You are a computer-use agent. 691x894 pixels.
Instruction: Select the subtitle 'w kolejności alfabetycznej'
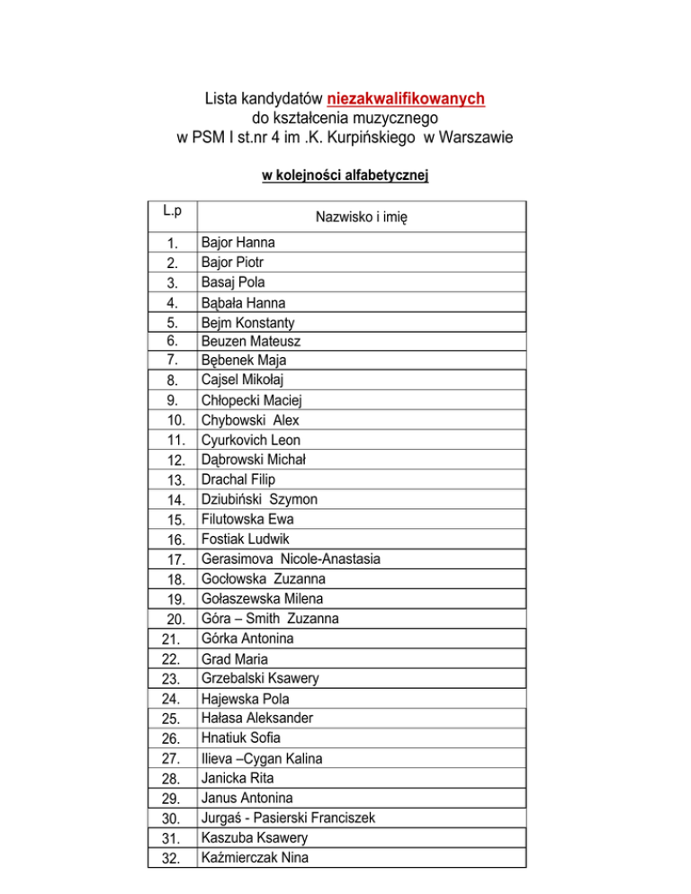point(345,176)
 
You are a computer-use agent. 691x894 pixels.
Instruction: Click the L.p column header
point(173,211)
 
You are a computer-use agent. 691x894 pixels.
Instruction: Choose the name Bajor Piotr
point(233,263)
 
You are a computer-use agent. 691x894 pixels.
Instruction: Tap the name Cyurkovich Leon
point(251,440)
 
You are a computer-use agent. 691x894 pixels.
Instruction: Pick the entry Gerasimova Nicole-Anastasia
point(291,559)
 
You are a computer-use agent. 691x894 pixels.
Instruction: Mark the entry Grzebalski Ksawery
point(261,677)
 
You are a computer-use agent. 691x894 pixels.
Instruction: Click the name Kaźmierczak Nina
point(256,857)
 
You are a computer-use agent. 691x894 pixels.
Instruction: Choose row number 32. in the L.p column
point(175,858)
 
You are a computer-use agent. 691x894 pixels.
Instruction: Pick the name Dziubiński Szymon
point(259,499)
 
